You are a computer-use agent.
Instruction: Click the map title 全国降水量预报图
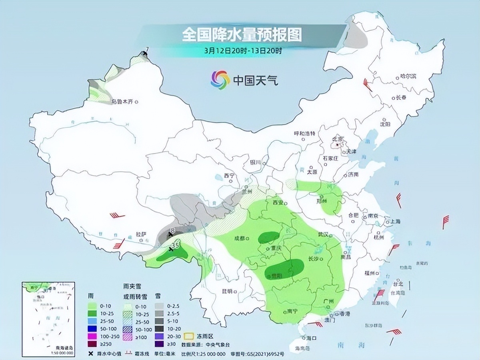pyautogui.click(x=242, y=35)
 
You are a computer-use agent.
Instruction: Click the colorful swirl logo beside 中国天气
pyautogui.click(x=220, y=80)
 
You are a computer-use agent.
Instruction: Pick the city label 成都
pyautogui.click(x=239, y=239)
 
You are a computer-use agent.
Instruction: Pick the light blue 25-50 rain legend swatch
pyautogui.click(x=94, y=321)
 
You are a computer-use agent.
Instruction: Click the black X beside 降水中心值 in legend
pyautogui.click(x=91, y=354)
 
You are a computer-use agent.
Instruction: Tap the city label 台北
pyautogui.click(x=398, y=284)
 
